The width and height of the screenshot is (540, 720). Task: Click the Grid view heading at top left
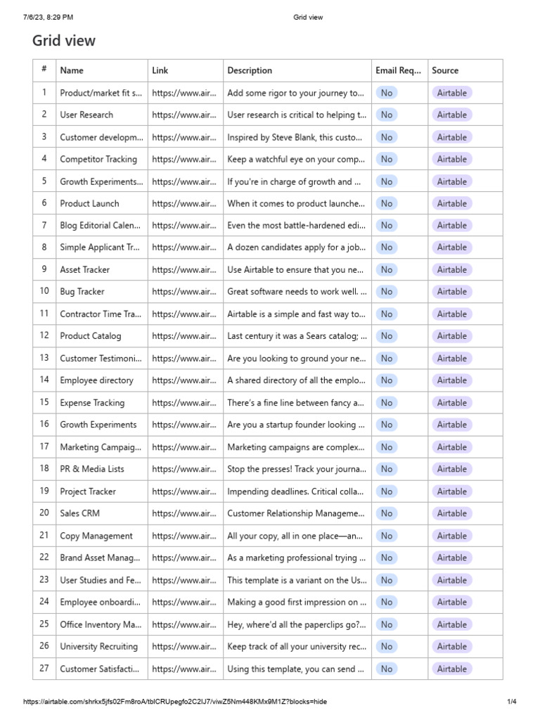coord(64,41)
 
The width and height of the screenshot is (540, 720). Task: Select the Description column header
coord(250,70)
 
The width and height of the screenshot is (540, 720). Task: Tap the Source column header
coord(445,70)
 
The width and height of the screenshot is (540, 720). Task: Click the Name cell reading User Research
coord(86,115)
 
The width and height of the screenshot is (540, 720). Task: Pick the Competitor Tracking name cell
coord(98,159)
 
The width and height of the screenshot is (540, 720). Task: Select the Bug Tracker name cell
coord(82,292)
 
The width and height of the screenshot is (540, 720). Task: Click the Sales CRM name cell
coord(79,513)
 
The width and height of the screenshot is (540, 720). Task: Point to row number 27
coord(44,668)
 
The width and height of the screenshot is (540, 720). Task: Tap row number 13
coord(44,358)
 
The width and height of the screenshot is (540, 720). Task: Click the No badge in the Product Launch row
coord(386,203)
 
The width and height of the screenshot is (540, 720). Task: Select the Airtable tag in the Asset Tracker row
coord(451,269)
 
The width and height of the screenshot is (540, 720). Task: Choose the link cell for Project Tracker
coord(184,491)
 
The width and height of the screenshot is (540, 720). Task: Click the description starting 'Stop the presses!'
coord(297,469)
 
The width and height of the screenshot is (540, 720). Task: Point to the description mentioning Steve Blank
coord(295,137)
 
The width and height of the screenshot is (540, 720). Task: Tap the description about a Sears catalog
coord(297,336)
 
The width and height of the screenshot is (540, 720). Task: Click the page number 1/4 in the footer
coord(512,702)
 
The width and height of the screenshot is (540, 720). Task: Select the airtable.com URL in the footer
coord(175,702)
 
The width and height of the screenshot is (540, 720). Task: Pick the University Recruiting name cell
coord(99,646)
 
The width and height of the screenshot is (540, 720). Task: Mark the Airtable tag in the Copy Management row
coord(451,536)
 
